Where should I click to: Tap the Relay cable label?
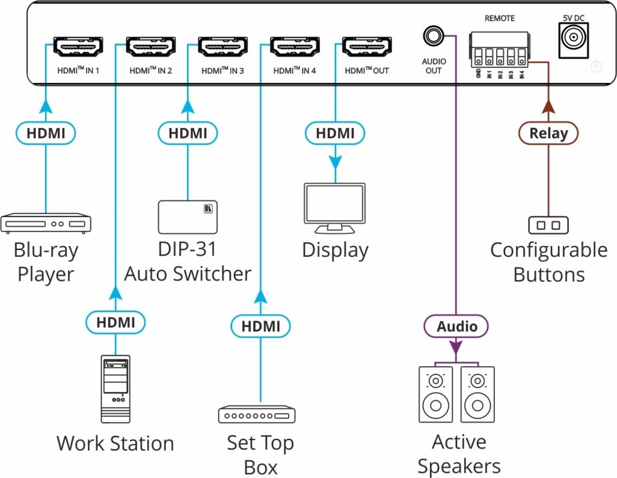(x=548, y=134)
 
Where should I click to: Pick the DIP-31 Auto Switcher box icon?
(x=188, y=217)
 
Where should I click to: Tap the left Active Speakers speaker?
(x=437, y=394)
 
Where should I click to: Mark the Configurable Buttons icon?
(x=548, y=225)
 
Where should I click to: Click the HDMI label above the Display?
(x=335, y=134)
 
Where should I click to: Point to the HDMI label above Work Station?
(x=116, y=323)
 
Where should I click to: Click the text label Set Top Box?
(x=260, y=454)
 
